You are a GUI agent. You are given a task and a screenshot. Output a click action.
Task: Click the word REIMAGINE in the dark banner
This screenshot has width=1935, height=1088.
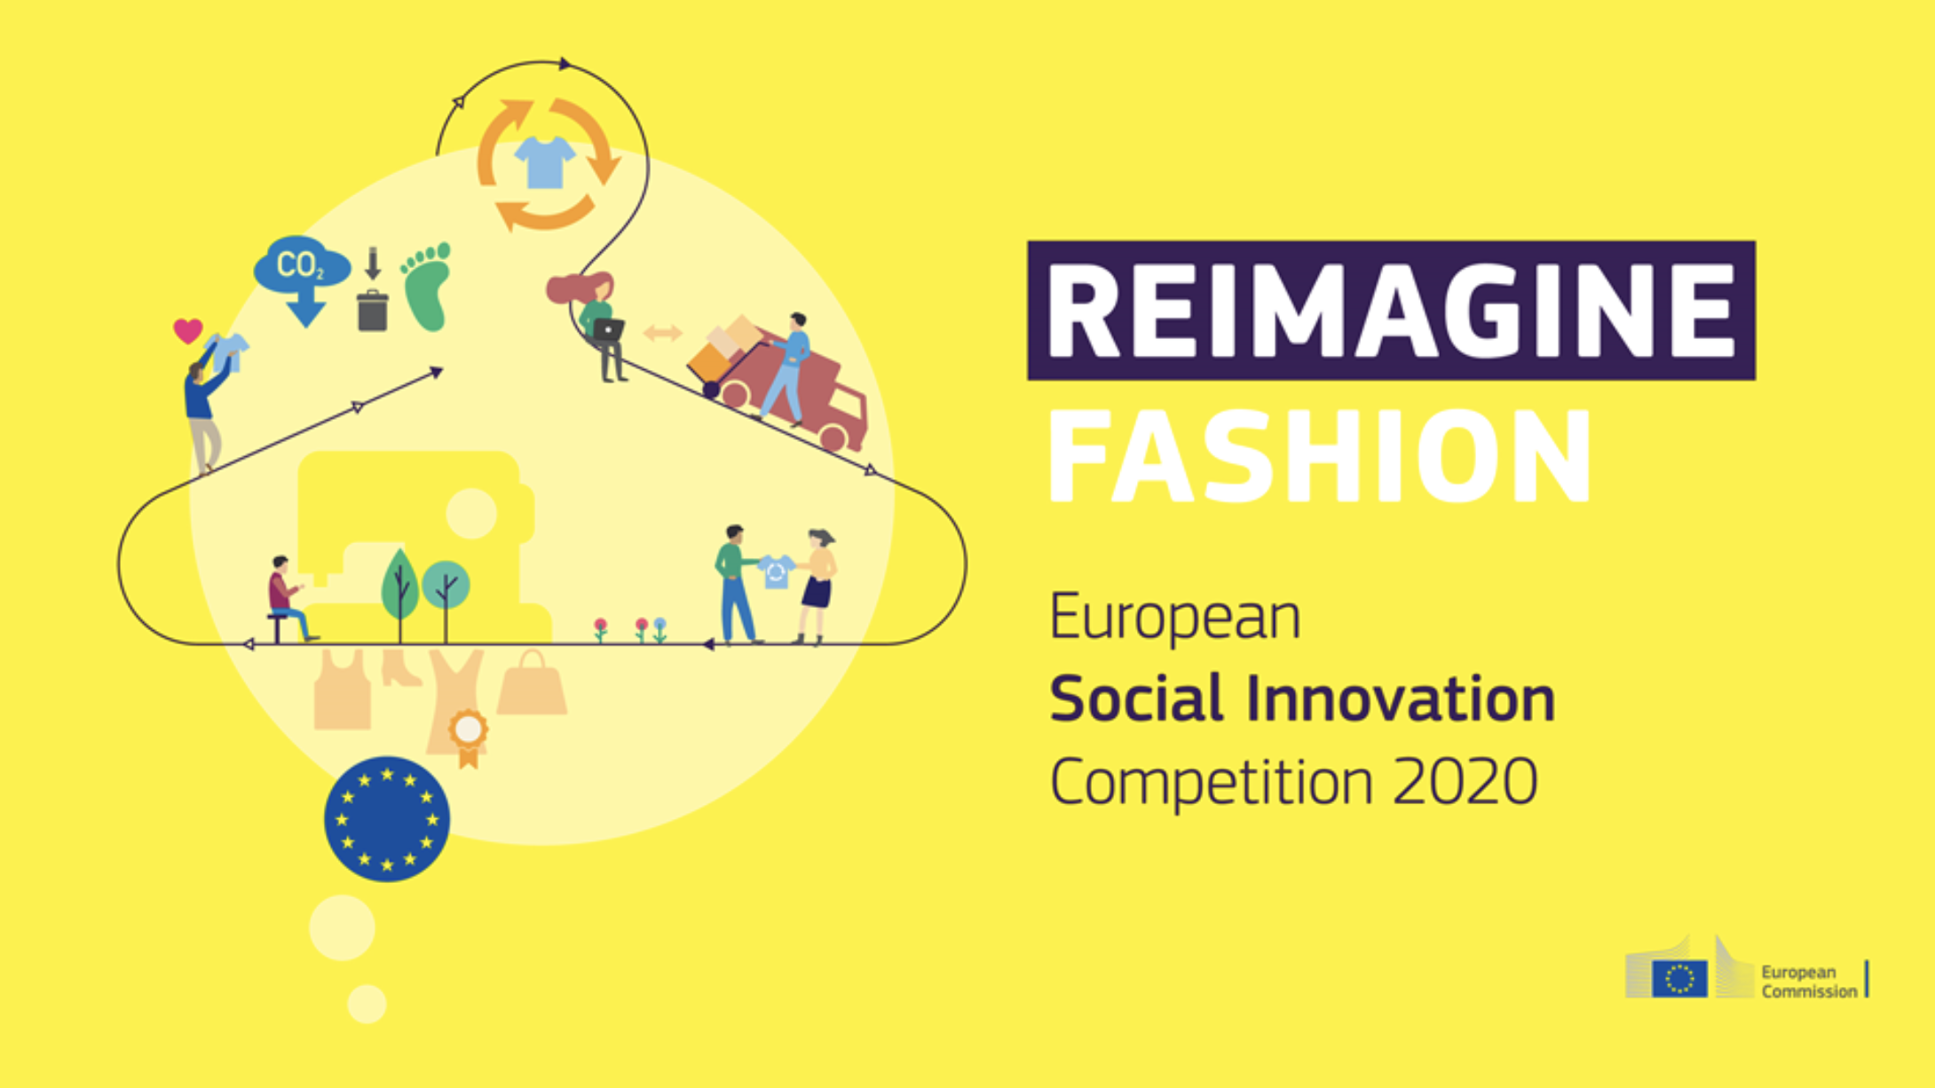[x=1391, y=311]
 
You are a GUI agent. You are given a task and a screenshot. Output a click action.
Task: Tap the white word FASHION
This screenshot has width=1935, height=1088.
[x=1321, y=457]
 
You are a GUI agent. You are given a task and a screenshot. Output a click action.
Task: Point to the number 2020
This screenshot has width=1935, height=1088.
[x=1465, y=782]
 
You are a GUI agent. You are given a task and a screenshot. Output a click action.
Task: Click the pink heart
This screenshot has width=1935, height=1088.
[x=188, y=331]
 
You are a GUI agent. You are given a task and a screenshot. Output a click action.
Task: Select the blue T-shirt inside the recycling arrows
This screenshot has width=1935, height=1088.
[x=545, y=162]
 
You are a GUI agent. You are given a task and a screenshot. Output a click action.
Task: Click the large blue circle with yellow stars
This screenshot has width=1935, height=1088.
[x=387, y=819]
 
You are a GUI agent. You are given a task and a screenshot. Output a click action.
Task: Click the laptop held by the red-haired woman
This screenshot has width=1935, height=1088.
[x=608, y=330]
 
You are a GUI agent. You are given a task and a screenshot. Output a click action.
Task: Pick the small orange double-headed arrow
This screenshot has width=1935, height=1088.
[x=662, y=333]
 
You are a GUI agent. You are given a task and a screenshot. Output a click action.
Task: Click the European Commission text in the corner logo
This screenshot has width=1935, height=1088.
[x=1809, y=982]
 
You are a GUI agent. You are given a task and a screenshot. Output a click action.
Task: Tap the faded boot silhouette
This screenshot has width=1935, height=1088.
[x=400, y=667]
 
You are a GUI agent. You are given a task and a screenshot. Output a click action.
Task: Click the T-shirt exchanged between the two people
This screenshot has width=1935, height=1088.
[x=776, y=572]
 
